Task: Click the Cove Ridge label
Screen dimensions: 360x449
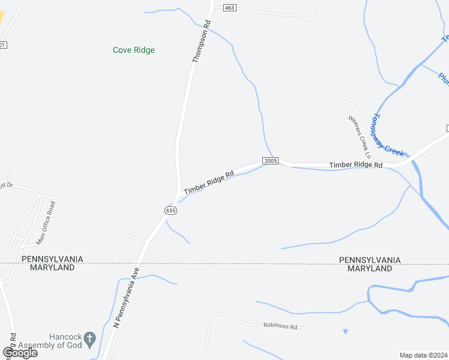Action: pyautogui.click(x=134, y=50)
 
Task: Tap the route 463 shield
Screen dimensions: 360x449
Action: pyautogui.click(x=229, y=8)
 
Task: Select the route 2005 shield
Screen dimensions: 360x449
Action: pyautogui.click(x=270, y=161)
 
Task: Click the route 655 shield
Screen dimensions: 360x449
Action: pyautogui.click(x=170, y=211)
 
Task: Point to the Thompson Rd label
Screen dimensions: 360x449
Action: pyautogui.click(x=202, y=42)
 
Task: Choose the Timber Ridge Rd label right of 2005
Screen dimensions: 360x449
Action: pyautogui.click(x=356, y=165)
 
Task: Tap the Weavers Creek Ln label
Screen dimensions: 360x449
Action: pyautogui.click(x=359, y=133)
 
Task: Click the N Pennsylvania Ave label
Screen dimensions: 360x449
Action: pyautogui.click(x=126, y=298)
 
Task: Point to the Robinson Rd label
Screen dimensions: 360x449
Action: pyautogui.click(x=280, y=326)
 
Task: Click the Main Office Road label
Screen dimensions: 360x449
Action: pyautogui.click(x=46, y=223)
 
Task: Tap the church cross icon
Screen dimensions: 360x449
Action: pyautogui.click(x=90, y=338)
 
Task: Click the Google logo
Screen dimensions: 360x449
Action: pyautogui.click(x=20, y=353)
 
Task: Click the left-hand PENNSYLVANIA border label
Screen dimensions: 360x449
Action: pyautogui.click(x=52, y=259)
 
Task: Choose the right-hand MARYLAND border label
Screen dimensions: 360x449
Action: pyautogui.click(x=370, y=268)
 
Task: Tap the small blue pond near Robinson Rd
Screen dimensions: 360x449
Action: pyautogui.click(x=345, y=331)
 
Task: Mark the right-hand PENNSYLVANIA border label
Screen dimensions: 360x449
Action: pyautogui.click(x=370, y=260)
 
